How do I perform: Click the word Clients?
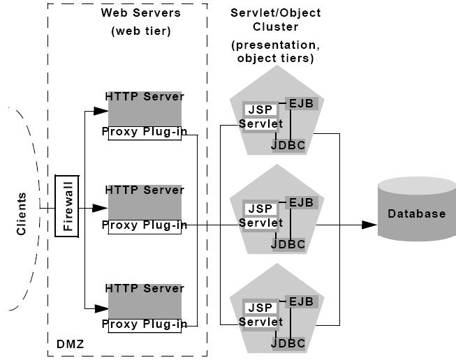coord(21,213)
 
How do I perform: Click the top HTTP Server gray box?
coord(145,110)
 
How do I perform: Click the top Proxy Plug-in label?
coord(145,132)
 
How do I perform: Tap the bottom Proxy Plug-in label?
coord(145,324)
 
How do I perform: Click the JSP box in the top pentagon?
coord(260,110)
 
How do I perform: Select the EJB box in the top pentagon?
coord(302,104)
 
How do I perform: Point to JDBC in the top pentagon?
coord(288,145)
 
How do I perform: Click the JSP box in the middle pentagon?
coord(260,209)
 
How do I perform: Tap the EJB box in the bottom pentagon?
coord(302,301)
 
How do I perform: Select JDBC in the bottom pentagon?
coord(288,343)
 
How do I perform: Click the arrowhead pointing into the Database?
coord(369,225)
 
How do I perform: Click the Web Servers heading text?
coord(140,13)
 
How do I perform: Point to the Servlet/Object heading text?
coord(274,14)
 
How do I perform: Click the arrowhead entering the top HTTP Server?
coord(102,110)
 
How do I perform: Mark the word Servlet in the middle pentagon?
coord(260,223)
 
